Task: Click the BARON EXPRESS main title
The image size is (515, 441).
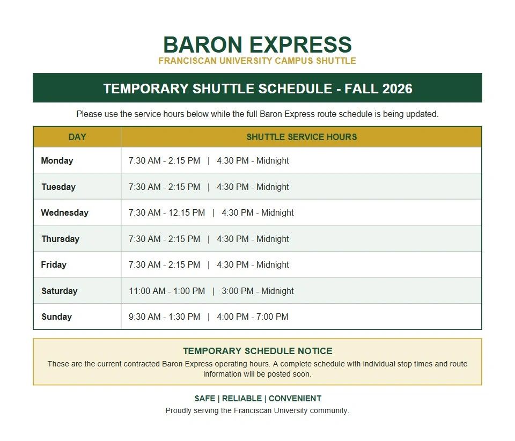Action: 257,45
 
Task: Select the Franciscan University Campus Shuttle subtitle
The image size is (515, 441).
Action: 257,61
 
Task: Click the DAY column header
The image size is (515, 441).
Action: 77,137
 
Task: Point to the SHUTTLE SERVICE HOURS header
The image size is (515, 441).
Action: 301,137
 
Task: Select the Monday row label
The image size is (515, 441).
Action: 57,160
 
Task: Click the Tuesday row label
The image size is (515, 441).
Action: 58,187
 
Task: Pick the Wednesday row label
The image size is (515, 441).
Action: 65,213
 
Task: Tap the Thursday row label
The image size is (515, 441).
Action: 61,239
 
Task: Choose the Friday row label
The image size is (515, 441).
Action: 54,264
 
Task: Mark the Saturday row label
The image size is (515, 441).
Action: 60,291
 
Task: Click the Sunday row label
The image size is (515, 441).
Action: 56,317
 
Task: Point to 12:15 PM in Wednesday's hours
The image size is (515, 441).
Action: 187,213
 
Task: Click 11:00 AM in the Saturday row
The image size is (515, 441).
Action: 147,291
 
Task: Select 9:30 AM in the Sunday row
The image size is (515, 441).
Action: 144,317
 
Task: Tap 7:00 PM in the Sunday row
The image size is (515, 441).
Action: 273,317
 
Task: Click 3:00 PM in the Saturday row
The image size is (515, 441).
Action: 238,291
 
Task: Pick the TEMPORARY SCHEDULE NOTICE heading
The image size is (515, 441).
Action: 257,351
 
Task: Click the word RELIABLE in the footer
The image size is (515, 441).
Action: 242,398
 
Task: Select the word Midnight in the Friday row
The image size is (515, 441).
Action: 273,264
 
